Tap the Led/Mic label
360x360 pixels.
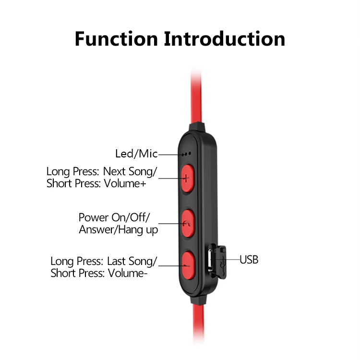click(x=136, y=154)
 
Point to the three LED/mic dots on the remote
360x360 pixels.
click(x=187, y=154)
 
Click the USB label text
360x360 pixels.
click(x=249, y=260)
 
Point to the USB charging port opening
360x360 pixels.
click(x=212, y=261)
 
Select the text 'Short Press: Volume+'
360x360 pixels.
click(x=96, y=184)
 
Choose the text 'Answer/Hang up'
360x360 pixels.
click(x=118, y=230)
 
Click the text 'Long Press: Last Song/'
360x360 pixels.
click(x=104, y=262)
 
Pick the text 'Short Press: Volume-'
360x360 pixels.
click(x=99, y=274)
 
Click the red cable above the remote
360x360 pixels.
click(x=197, y=96)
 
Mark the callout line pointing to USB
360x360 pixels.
click(x=232, y=260)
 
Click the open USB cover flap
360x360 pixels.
click(x=222, y=262)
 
